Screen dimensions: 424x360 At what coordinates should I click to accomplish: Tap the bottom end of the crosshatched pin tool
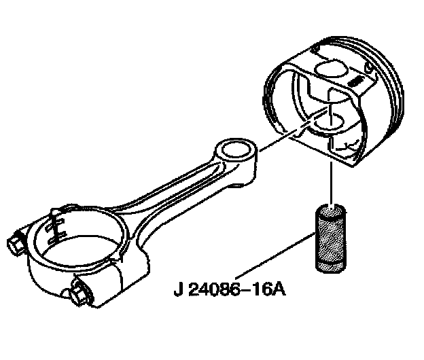[333, 272]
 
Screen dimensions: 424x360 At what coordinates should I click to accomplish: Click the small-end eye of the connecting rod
[235, 151]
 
